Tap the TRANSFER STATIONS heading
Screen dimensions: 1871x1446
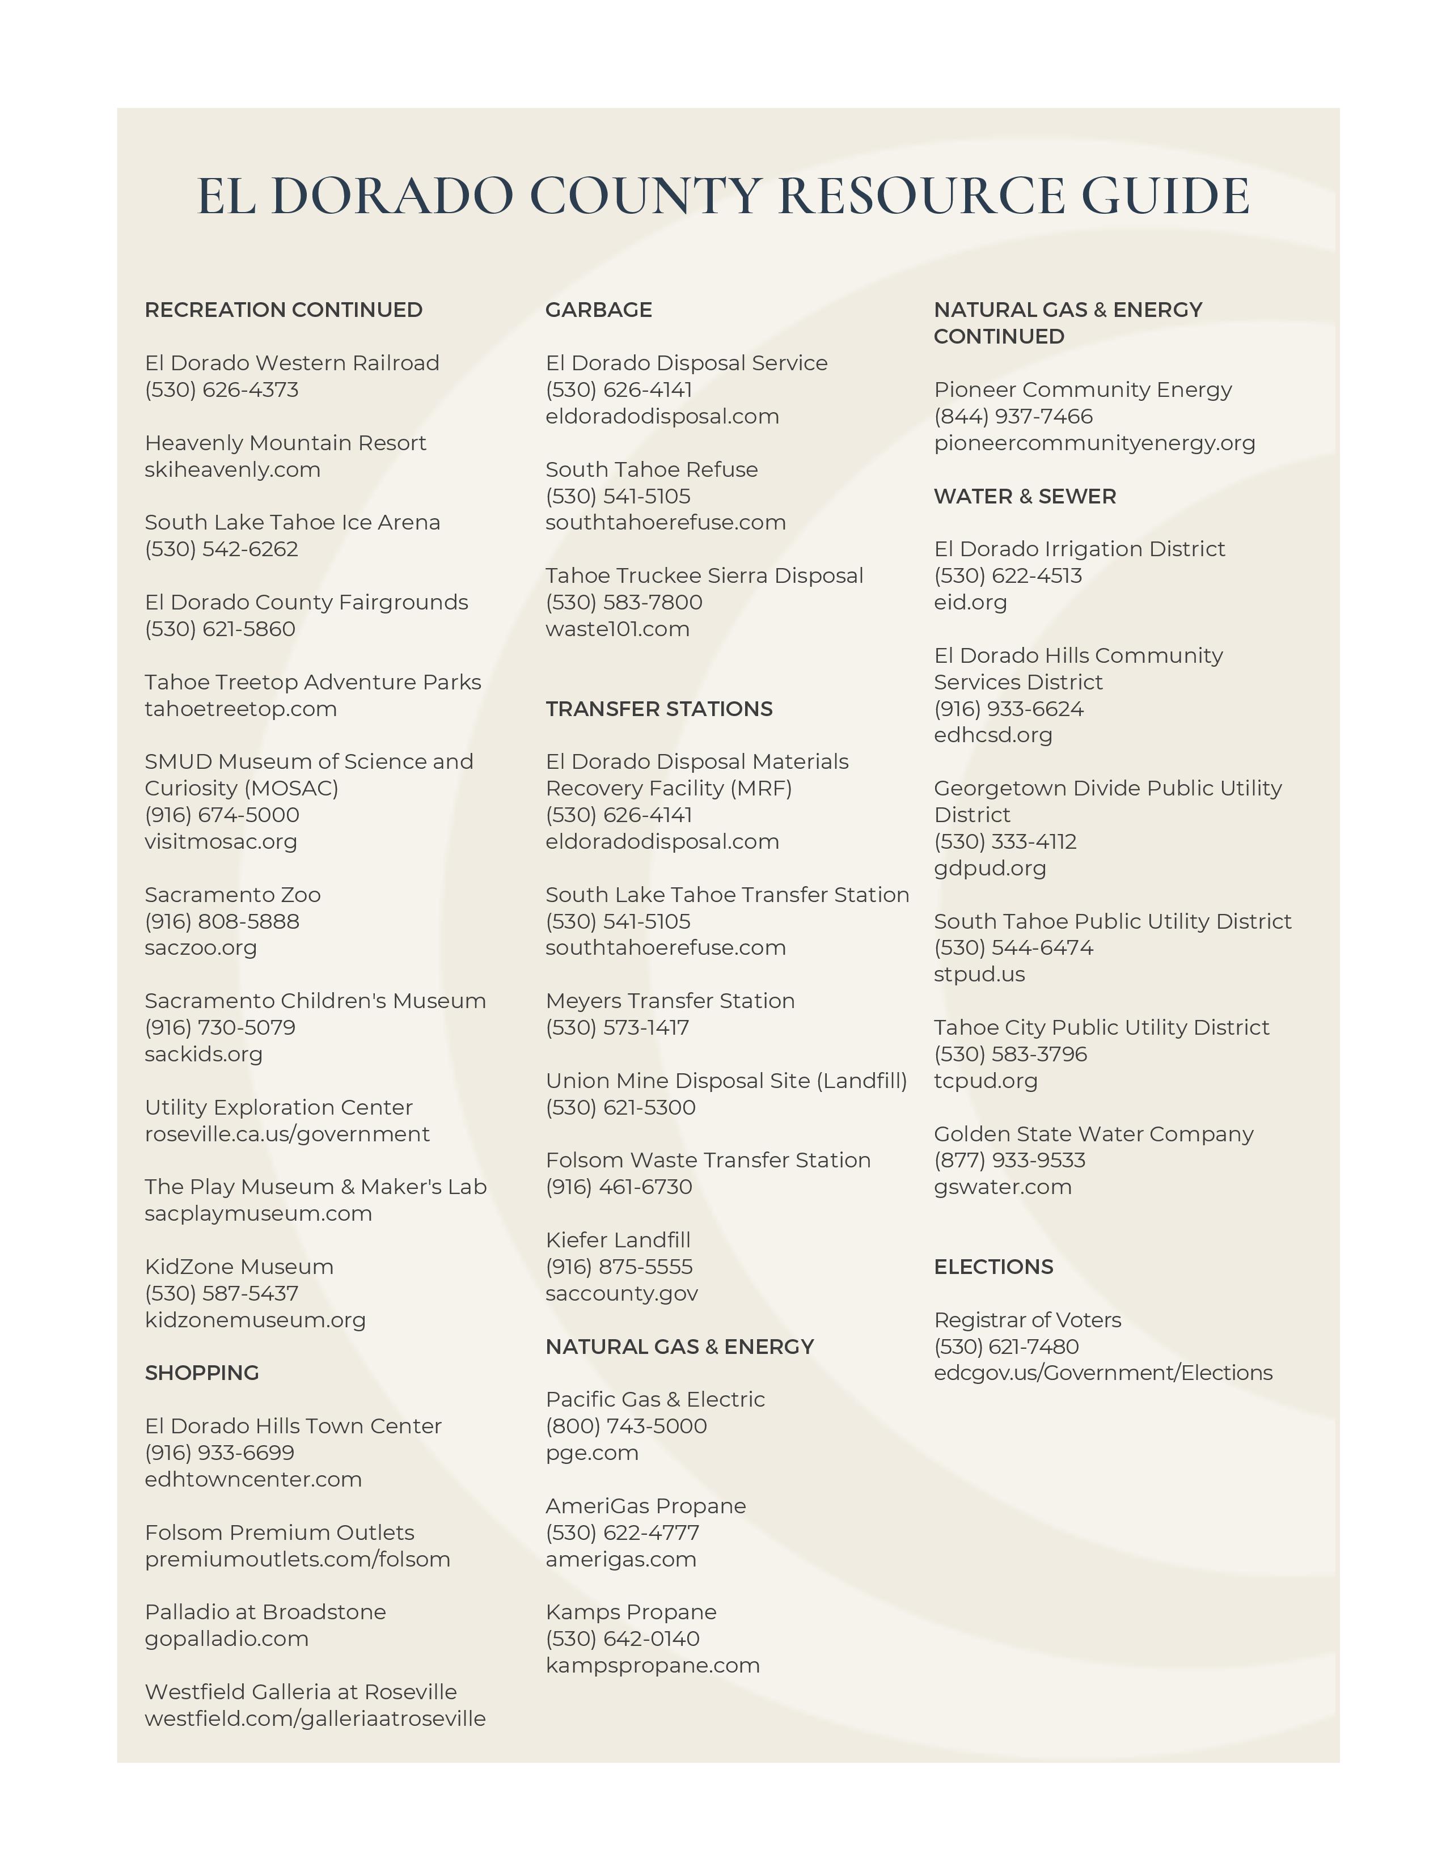pyautogui.click(x=659, y=709)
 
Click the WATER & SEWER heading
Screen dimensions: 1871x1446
pyautogui.click(x=1025, y=496)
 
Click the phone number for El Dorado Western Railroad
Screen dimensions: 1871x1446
pyautogui.click(x=222, y=390)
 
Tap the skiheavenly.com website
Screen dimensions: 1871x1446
pyautogui.click(x=232, y=469)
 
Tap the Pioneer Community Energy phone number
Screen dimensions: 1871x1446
pyautogui.click(x=1013, y=416)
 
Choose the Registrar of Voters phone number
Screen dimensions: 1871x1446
pyautogui.click(x=1006, y=1346)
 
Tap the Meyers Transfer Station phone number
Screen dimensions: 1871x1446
pyautogui.click(x=617, y=1027)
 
